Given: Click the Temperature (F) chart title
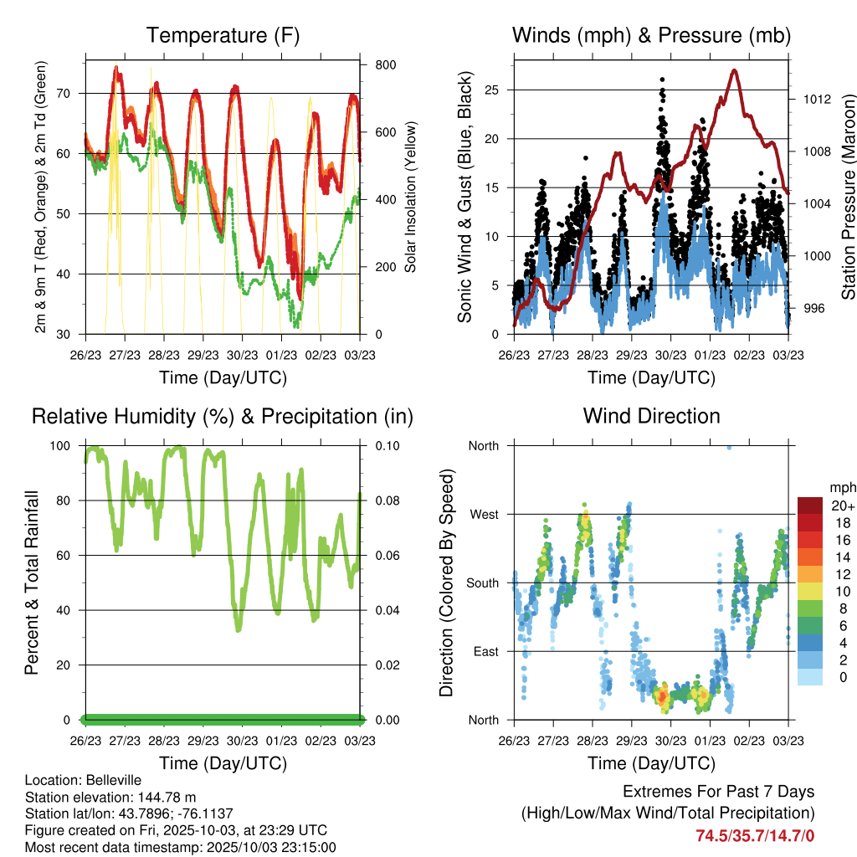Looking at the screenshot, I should pyautogui.click(x=223, y=35).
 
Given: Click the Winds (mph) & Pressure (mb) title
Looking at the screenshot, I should pyautogui.click(x=651, y=35).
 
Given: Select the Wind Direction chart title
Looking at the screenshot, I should pyautogui.click(x=651, y=416).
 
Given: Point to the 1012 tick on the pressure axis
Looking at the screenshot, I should pyautogui.click(x=815, y=99).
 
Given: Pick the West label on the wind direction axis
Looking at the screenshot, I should pyautogui.click(x=483, y=514).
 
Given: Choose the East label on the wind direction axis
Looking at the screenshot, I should pyautogui.click(x=485, y=651).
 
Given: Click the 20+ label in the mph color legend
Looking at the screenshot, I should pyautogui.click(x=843, y=505).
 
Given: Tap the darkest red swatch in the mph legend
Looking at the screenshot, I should pyautogui.click(x=810, y=505).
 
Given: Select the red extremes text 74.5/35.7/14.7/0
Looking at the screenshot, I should pyautogui.click(x=755, y=835).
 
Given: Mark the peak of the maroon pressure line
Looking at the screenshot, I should pyautogui.click(x=734, y=69).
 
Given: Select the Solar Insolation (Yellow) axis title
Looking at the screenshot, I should pyautogui.click(x=411, y=198).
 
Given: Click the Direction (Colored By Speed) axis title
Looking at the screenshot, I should pyautogui.click(x=446, y=582).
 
